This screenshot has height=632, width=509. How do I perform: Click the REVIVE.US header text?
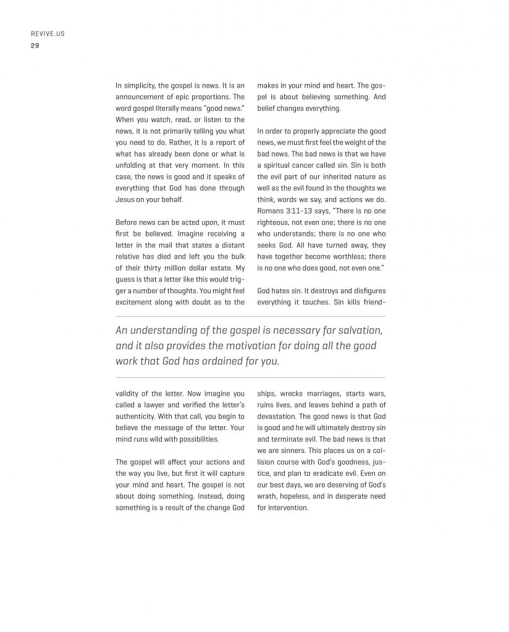point(48,34)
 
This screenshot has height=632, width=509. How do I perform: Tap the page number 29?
point(35,45)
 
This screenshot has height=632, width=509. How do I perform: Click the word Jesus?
point(125,200)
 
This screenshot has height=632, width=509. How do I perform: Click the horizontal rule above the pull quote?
point(250,316)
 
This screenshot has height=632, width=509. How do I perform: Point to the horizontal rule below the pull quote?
point(250,377)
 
